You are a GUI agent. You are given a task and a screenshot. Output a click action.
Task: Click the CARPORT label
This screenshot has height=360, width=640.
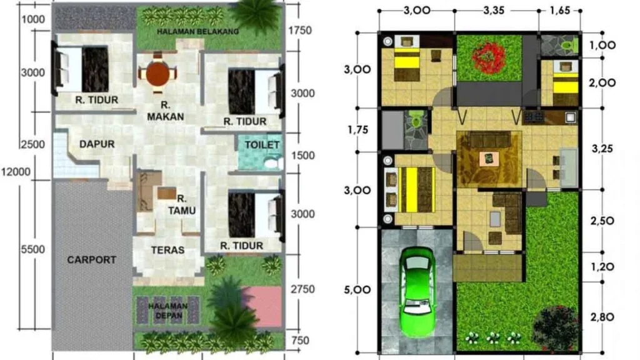91,259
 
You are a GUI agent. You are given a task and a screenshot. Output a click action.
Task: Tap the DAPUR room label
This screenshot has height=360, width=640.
97,144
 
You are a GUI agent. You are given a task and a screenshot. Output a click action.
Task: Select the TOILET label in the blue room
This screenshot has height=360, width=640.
262,145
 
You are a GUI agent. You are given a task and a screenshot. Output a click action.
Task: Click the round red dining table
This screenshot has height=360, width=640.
157,74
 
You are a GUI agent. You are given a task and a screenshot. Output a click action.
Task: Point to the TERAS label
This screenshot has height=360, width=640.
167,250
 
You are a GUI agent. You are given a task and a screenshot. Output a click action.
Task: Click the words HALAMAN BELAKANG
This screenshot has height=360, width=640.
198,31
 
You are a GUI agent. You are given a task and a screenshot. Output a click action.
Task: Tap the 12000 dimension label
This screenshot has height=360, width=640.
16,172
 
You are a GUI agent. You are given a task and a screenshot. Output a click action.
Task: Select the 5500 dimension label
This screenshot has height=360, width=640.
33,249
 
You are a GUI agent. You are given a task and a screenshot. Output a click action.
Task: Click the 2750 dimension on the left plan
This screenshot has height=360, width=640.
302,289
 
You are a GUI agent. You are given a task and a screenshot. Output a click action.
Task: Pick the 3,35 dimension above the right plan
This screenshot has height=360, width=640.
494,10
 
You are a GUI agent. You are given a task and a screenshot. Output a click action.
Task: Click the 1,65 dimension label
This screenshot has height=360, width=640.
559,10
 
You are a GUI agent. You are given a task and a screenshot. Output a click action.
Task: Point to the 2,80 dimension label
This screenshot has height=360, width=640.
602,317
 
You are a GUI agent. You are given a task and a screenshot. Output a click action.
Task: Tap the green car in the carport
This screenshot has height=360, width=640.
416,291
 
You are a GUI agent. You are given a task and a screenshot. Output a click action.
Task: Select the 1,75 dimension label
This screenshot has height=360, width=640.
357,130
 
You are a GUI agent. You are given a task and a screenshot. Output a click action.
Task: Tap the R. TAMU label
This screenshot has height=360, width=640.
181,204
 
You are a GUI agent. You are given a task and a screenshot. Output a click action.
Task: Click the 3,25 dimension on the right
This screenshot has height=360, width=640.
602,149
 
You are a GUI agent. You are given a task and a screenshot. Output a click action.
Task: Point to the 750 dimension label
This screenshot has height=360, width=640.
301,340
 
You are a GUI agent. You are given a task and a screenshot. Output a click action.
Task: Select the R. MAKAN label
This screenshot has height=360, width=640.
165,111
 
